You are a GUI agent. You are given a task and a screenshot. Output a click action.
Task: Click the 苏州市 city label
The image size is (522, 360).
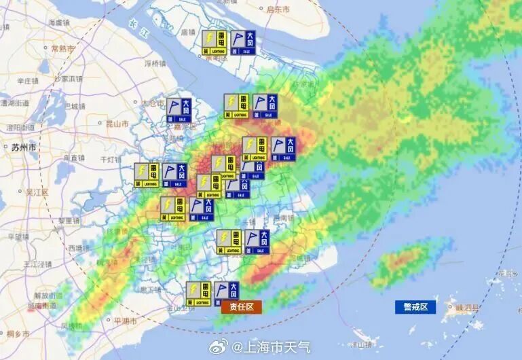(x=23, y=147)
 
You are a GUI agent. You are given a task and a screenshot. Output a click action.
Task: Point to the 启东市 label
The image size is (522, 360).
(x=278, y=10)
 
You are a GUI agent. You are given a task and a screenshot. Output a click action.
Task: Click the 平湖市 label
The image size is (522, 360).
(x=124, y=321)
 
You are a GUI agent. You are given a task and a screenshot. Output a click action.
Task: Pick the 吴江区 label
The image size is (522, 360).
(x=36, y=192)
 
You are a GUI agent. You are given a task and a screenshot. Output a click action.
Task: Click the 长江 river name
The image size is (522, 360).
(x=132, y=24)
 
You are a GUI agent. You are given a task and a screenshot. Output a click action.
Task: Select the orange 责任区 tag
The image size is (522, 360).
(x=241, y=307)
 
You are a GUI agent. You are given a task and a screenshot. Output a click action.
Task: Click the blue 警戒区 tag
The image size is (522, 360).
(x=415, y=307)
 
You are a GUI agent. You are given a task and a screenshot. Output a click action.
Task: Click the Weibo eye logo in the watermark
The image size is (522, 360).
(x=222, y=347)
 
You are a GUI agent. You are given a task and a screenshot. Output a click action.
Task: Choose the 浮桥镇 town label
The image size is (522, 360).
(x=155, y=64)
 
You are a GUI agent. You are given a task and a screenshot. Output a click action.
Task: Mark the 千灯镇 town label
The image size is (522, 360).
(x=110, y=160)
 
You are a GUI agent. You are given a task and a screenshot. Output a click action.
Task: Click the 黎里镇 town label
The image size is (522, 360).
(x=69, y=221)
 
